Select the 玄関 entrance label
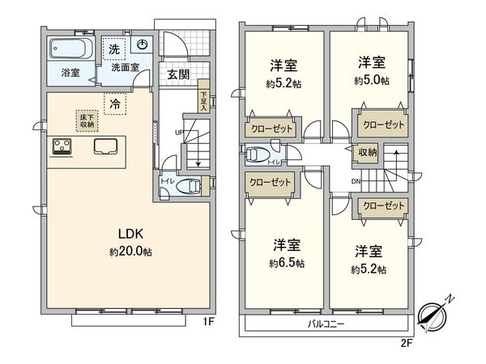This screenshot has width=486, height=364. click(x=178, y=74)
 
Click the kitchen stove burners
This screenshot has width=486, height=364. click(x=62, y=146)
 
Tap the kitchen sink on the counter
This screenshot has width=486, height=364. click(x=106, y=146)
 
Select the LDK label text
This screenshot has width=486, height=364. click(x=130, y=235)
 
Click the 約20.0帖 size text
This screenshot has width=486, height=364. click(x=130, y=252)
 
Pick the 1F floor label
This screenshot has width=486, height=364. click(x=208, y=322)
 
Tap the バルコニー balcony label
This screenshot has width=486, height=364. click(x=326, y=324)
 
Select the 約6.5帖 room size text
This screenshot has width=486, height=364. click(x=288, y=263)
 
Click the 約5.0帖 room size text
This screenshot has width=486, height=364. click(x=371, y=80)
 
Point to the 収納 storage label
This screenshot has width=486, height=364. click(x=366, y=152)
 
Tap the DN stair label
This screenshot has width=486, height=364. click(x=356, y=180)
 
